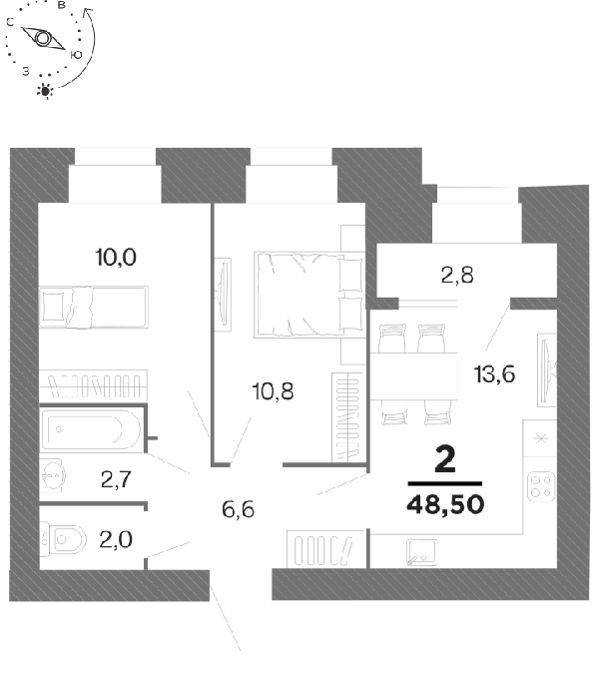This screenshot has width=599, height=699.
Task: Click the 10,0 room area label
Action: [x=116, y=258]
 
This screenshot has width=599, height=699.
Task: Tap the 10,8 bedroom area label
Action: [x=273, y=391]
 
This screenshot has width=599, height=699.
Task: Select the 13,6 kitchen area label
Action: [x=495, y=373]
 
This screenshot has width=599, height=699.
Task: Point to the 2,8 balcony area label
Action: [x=457, y=275]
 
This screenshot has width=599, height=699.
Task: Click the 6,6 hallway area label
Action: [x=238, y=509]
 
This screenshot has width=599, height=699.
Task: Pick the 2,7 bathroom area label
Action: [x=116, y=479]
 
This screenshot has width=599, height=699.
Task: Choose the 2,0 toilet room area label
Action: [x=116, y=539]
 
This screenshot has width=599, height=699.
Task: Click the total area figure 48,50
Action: [x=445, y=504]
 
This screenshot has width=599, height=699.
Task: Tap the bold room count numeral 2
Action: [x=445, y=459]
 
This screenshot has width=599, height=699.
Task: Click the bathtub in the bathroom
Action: [x=91, y=429]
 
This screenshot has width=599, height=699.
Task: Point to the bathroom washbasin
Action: [x=52, y=475]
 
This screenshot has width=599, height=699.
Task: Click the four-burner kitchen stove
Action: [x=541, y=486]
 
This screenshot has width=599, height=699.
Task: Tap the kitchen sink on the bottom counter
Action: [x=421, y=552]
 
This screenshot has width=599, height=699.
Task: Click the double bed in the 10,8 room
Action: [x=308, y=295]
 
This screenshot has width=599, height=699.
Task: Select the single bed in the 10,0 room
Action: [x=94, y=308]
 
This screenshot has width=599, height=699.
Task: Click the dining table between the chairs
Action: [x=413, y=375]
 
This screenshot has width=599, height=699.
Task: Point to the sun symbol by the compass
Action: [x=45, y=91]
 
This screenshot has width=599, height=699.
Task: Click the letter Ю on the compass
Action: [x=76, y=54]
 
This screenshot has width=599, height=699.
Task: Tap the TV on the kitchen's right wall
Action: [x=547, y=370]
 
